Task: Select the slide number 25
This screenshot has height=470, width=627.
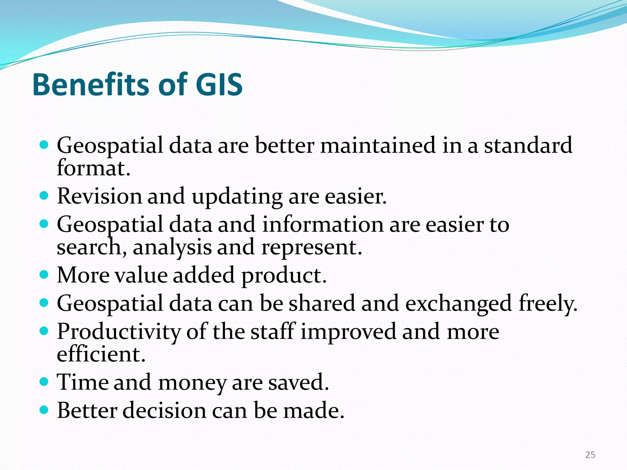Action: [590, 455]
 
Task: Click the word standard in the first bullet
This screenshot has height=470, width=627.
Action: [528, 145]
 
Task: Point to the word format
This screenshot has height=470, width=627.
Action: [93, 168]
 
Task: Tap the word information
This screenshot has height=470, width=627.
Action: [323, 224]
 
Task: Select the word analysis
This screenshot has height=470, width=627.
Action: [172, 248]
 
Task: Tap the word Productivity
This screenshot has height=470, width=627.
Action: [119, 332]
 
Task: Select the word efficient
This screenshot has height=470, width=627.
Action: [101, 355]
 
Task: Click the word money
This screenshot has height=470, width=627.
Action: [192, 383]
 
